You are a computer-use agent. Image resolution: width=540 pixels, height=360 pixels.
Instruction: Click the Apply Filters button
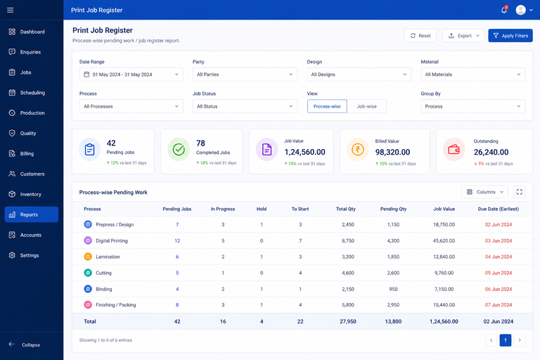510,35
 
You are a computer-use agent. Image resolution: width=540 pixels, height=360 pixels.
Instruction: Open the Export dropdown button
463,35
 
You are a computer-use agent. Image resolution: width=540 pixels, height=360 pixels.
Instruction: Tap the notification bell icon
504,10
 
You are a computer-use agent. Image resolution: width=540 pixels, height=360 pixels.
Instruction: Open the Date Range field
131,75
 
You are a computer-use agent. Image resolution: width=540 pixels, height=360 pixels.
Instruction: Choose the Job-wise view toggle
367,106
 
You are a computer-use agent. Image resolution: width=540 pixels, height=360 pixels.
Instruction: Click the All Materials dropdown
472,75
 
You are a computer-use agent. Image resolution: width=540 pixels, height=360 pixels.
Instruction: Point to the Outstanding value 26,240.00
491,152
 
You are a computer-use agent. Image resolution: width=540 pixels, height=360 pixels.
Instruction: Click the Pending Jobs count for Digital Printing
177,240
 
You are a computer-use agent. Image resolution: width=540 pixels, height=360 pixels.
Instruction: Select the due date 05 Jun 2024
499,273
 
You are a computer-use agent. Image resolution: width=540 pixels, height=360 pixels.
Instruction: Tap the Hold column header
262,209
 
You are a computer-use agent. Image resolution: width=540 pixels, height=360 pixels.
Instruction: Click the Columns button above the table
485,192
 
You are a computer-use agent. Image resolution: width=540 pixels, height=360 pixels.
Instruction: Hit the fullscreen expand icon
520,192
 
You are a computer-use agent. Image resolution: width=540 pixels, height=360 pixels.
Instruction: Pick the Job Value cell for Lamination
444,257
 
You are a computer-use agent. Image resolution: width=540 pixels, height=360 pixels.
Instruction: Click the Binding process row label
103,289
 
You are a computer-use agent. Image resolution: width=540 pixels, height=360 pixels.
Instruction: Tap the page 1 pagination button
506,340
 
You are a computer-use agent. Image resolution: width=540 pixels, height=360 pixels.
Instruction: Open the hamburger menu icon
11,10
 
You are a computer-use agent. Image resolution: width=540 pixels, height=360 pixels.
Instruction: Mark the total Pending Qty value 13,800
393,321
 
